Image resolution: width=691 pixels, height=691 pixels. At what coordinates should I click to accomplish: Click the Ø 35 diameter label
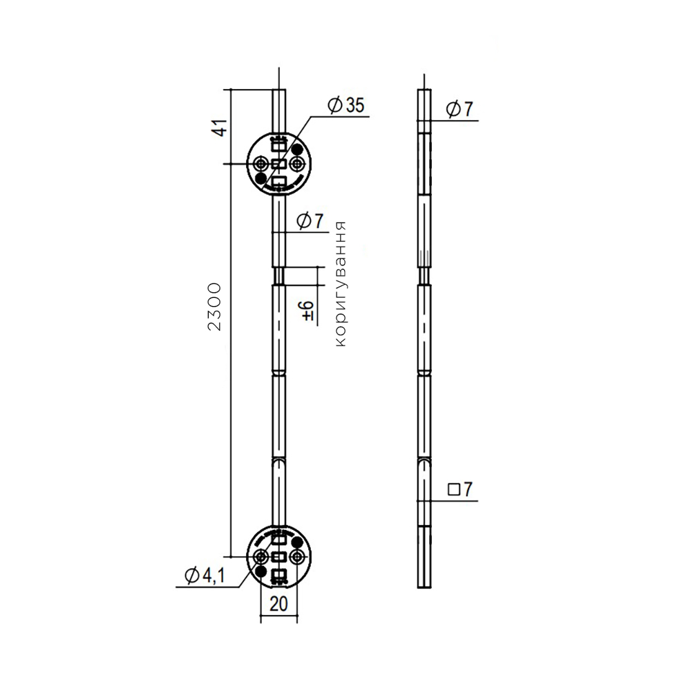point(346,105)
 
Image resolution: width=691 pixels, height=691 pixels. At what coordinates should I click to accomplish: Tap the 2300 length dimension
point(214,307)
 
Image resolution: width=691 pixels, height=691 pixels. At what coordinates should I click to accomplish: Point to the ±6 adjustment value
point(308,311)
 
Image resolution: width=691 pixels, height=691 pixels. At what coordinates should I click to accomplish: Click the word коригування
point(340,284)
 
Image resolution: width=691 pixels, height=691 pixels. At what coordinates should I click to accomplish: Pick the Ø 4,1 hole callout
point(205,575)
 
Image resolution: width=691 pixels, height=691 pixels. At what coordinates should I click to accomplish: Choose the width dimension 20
point(278,603)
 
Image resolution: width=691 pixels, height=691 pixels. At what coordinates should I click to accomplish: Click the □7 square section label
point(460,489)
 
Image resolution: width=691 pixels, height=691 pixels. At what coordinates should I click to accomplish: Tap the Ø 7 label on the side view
point(460,109)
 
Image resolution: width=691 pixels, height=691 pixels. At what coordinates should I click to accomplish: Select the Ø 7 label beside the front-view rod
point(310,220)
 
